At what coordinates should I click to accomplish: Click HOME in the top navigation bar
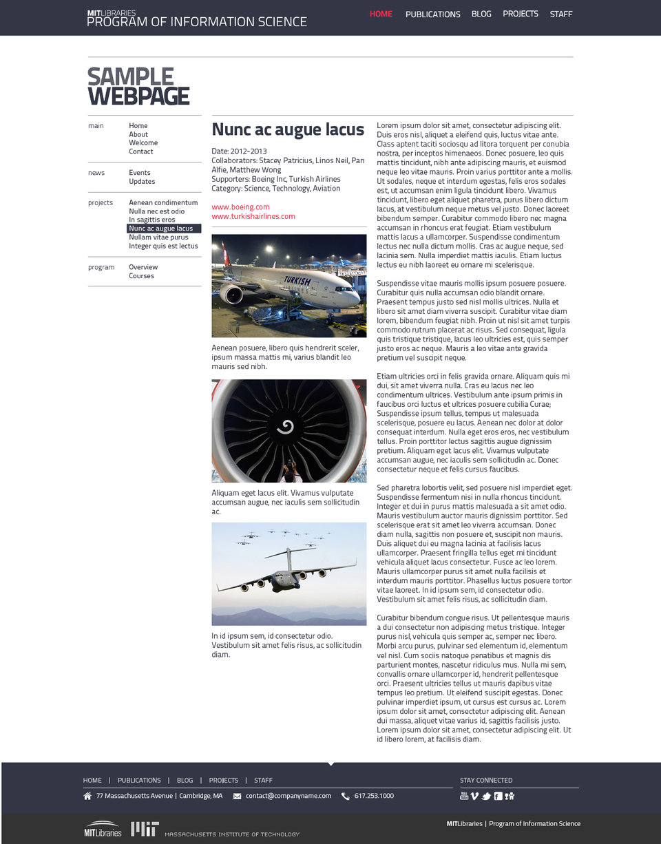click(x=381, y=14)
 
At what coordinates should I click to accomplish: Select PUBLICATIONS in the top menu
click(x=432, y=14)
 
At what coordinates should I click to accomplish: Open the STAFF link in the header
click(x=560, y=14)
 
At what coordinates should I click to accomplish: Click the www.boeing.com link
click(x=240, y=207)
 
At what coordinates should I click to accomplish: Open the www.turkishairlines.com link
click(x=253, y=216)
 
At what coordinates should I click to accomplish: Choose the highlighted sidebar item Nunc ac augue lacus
click(x=163, y=229)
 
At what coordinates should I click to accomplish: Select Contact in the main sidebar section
click(x=140, y=151)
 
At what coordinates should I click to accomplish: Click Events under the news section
click(x=139, y=173)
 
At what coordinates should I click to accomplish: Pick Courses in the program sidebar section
click(x=141, y=276)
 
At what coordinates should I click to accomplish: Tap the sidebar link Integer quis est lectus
click(x=163, y=246)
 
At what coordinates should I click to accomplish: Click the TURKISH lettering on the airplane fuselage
click(x=297, y=281)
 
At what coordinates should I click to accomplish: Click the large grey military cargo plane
click(x=286, y=576)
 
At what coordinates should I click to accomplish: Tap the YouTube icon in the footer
click(x=464, y=796)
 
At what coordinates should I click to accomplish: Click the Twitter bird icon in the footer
click(x=486, y=796)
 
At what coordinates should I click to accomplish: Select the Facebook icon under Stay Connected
click(x=498, y=796)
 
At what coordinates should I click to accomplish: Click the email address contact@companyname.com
click(x=288, y=796)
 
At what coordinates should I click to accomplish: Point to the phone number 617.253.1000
click(x=374, y=796)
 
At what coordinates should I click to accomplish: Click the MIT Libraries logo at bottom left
click(x=103, y=829)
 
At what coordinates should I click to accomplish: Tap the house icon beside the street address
click(x=87, y=796)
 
